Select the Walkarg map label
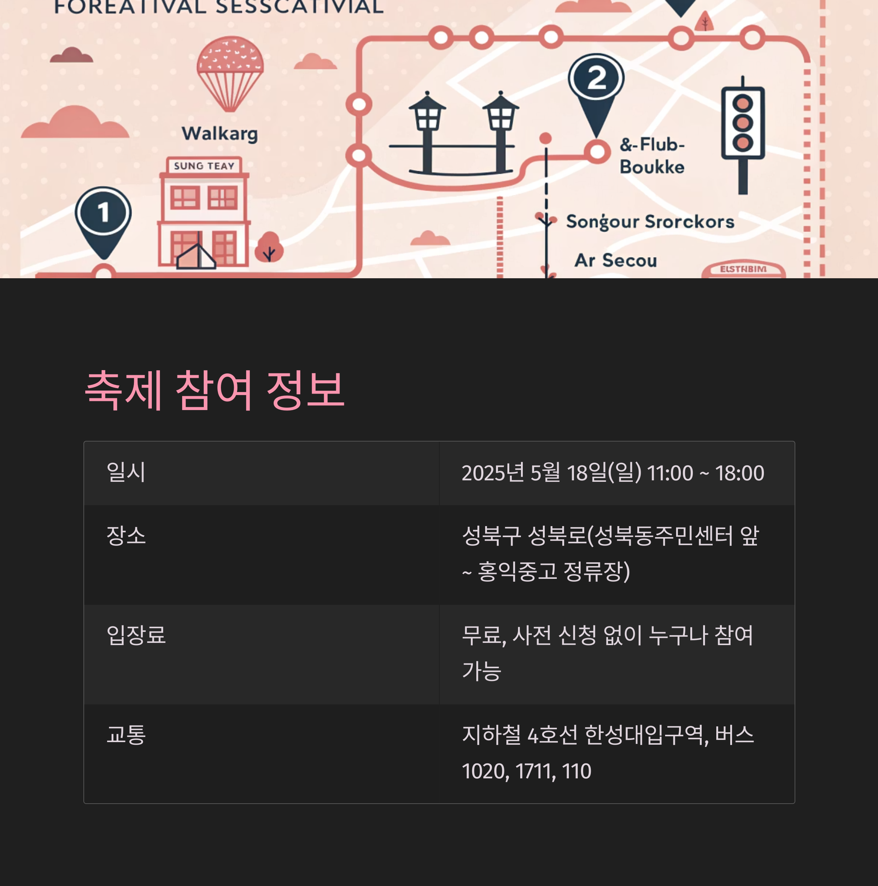point(220,134)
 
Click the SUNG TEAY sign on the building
point(204,166)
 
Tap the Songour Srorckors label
point(650,222)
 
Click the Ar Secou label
point(615,260)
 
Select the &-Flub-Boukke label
point(652,156)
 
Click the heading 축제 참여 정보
point(214,390)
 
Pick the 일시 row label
point(126,472)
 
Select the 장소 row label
point(126,536)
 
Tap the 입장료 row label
point(136,635)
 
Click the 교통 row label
point(126,735)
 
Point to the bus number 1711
point(535,771)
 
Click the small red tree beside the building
point(269,247)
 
